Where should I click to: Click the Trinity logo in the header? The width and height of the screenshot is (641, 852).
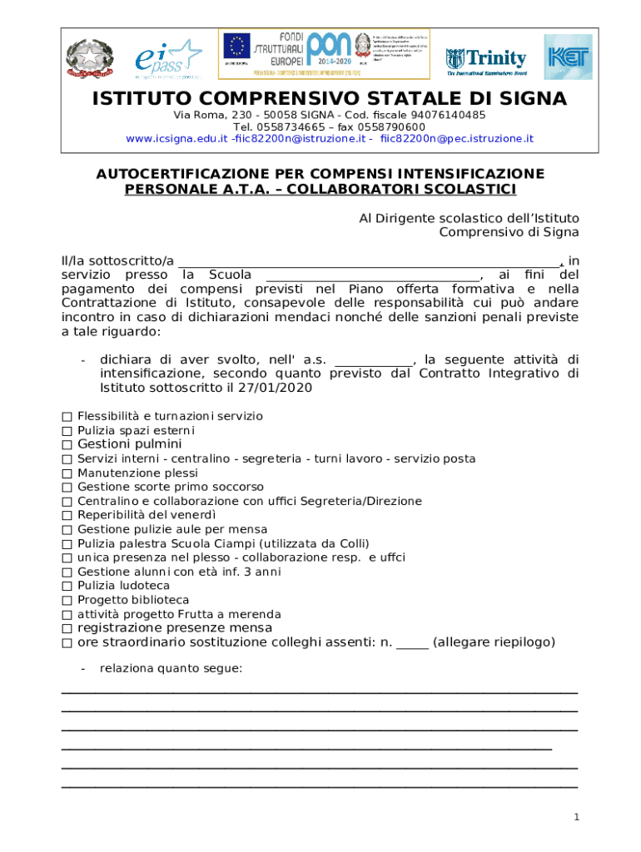pos(486,58)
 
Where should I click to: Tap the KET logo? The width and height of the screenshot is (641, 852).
pos(568,57)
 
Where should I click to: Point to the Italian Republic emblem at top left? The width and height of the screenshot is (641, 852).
pos(88,58)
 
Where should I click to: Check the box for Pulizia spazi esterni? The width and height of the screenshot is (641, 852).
pos(67,430)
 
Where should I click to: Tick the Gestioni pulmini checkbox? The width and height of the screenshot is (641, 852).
pos(67,444)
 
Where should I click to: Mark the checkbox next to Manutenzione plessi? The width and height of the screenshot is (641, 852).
pos(67,473)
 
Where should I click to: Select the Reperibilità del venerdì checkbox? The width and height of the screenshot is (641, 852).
pos(67,515)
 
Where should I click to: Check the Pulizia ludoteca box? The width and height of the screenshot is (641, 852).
pos(67,586)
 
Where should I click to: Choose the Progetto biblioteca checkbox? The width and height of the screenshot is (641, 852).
pos(67,600)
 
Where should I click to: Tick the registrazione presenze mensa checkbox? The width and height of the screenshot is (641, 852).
pos(67,628)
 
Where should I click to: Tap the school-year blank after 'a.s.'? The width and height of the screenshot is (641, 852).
pos(373,360)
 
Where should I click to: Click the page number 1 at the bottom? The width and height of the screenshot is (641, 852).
pos(575,817)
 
